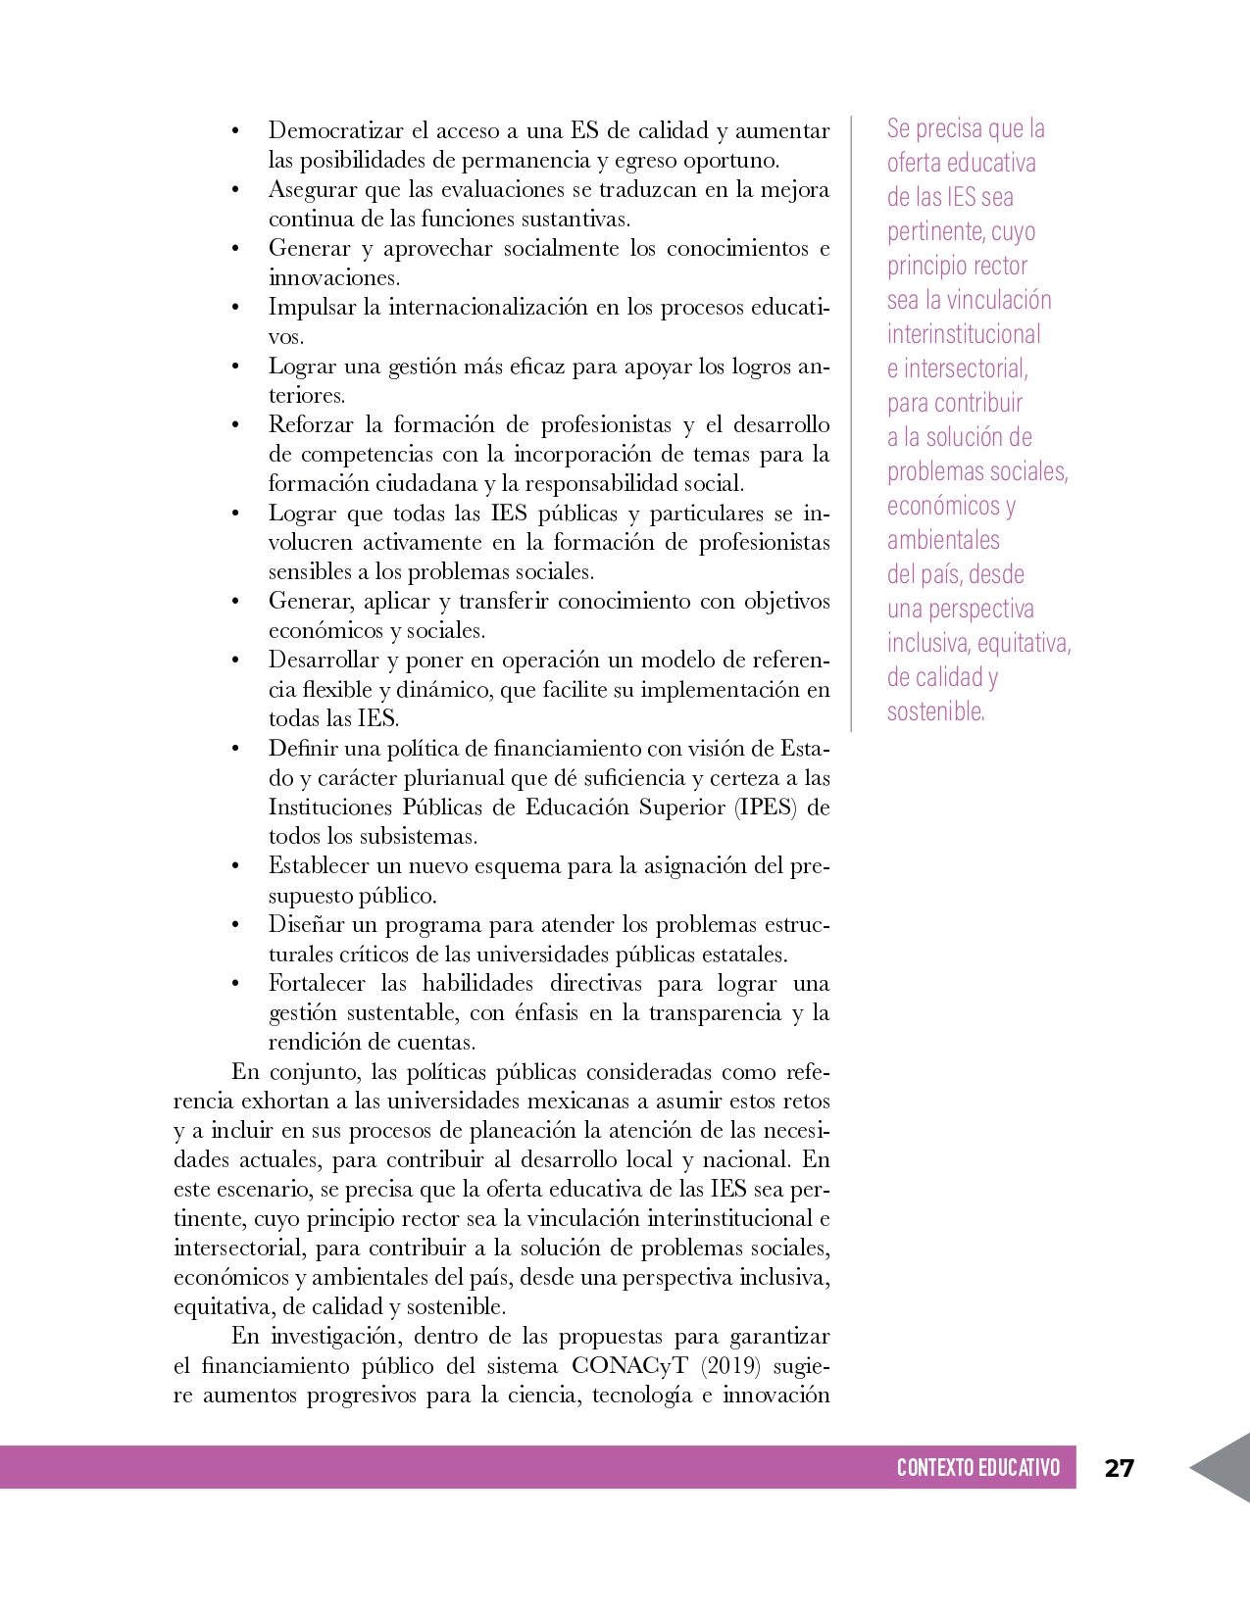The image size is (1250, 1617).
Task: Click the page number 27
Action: (1119, 1468)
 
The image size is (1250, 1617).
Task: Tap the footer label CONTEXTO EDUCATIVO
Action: (977, 1468)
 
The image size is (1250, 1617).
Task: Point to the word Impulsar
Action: (311, 308)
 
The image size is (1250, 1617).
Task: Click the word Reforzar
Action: (311, 425)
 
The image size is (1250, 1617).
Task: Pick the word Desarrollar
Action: (323, 661)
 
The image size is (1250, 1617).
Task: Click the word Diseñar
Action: (307, 925)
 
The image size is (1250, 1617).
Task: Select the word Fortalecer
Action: (317, 984)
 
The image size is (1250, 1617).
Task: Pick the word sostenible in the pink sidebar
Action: (935, 711)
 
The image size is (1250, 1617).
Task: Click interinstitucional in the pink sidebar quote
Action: (964, 334)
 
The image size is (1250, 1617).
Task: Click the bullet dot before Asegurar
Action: (235, 190)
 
